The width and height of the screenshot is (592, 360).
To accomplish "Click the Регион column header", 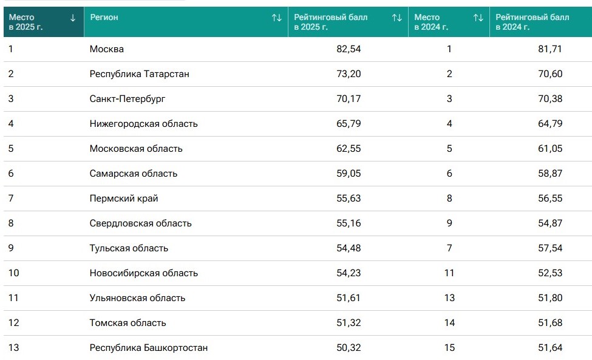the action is point(104,18).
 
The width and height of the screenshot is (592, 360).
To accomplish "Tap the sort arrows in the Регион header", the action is point(277,18).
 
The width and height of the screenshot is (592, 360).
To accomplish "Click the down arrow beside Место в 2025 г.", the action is point(73,18).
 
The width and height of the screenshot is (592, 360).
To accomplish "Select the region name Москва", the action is point(106,49).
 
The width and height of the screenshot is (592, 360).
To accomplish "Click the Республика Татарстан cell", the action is point(139,74).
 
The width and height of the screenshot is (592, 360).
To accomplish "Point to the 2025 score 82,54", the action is point(349,49).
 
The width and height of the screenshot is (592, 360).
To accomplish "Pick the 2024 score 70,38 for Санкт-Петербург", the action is point(550,99).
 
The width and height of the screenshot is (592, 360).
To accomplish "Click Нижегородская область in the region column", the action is point(143,124).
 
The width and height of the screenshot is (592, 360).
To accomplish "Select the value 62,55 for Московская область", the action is point(349,149).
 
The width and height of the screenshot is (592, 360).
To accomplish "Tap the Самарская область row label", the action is point(133,174).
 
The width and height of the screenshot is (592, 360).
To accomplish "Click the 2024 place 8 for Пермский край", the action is point(449,199).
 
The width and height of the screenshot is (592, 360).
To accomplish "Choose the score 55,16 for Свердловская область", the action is point(349,223).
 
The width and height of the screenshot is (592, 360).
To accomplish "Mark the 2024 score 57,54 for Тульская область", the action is point(550,248).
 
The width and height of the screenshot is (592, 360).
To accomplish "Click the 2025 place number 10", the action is point(13,273).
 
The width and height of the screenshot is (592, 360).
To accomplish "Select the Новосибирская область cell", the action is point(143,273).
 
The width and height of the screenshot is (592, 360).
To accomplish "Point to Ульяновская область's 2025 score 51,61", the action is point(348,298).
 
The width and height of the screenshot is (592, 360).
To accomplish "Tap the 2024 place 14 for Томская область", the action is point(449,323).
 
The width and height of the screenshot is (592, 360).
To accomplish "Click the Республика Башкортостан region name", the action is point(148,348).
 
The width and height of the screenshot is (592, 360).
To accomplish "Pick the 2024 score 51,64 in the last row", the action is point(550,348).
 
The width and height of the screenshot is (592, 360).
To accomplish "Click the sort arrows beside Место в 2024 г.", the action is point(478,18).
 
